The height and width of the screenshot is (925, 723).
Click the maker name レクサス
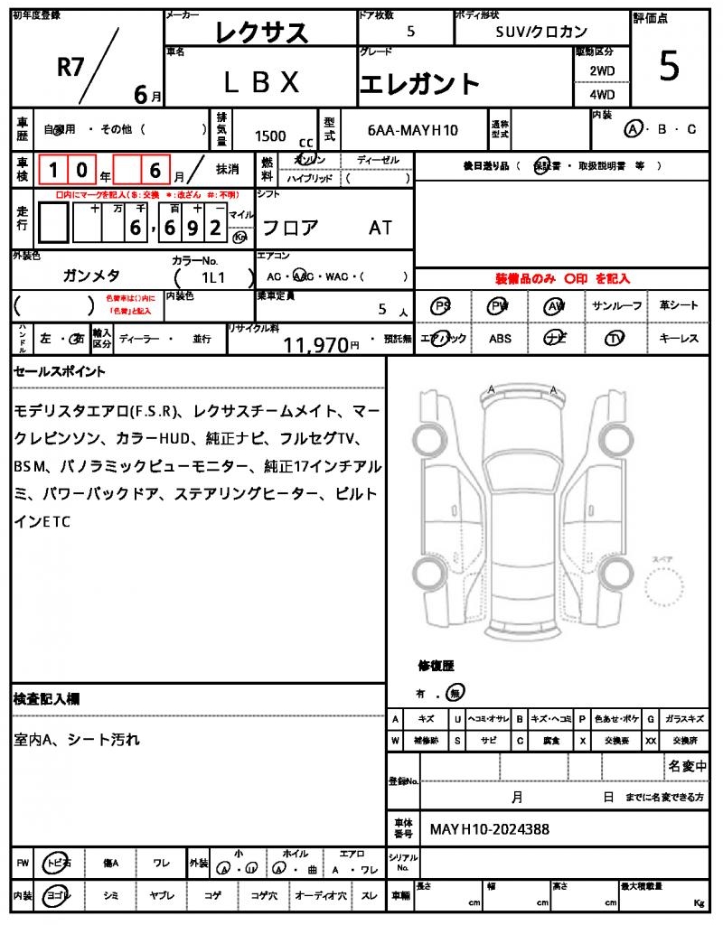pyautogui.click(x=262, y=33)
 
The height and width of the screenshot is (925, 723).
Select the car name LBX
pyautogui.click(x=261, y=83)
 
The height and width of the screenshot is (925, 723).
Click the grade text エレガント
pyautogui.click(x=419, y=84)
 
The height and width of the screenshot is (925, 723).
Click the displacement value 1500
pyautogui.click(x=270, y=135)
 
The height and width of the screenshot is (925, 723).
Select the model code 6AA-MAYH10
pyautogui.click(x=413, y=130)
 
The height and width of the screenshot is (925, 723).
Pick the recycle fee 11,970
pyautogui.click(x=316, y=343)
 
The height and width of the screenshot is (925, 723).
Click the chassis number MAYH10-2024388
pyautogui.click(x=489, y=828)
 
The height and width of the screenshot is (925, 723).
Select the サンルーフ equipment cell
pyautogui.click(x=617, y=306)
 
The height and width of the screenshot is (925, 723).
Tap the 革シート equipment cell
pyautogui.click(x=679, y=306)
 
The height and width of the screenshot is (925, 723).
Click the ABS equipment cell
pyautogui.click(x=501, y=339)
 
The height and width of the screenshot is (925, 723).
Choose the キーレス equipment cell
pyautogui.click(x=679, y=339)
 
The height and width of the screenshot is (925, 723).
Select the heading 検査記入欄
pyautogui.click(x=47, y=699)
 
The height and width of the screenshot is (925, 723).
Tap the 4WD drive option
pyautogui.click(x=602, y=94)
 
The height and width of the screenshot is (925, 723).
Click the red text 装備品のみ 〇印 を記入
pyautogui.click(x=562, y=279)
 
